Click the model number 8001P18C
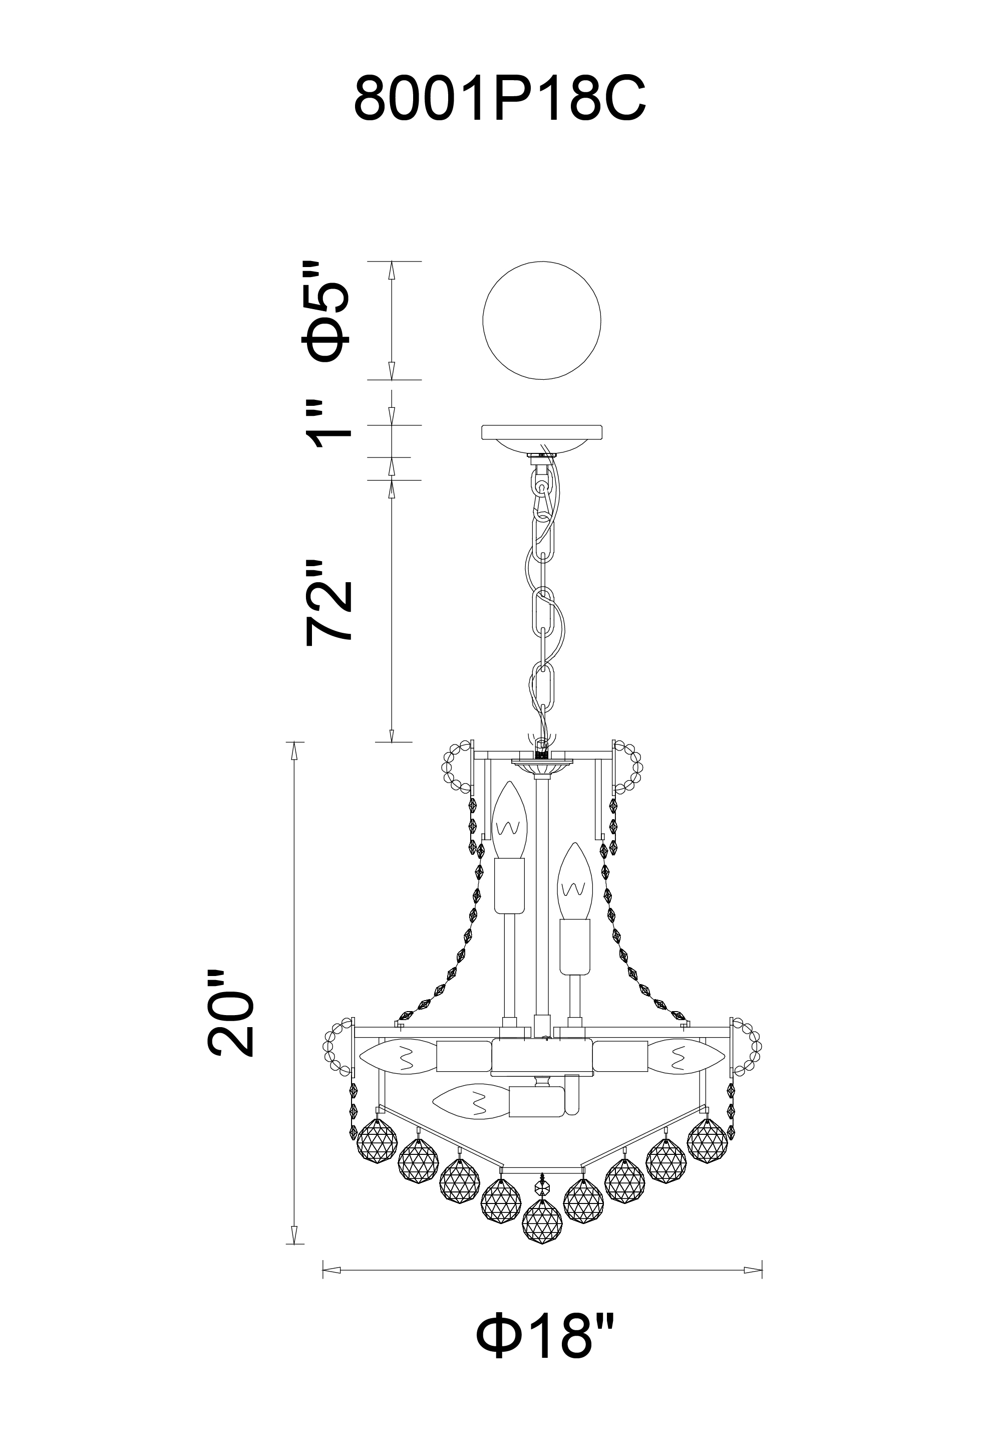(500, 99)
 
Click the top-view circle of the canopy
(541, 320)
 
